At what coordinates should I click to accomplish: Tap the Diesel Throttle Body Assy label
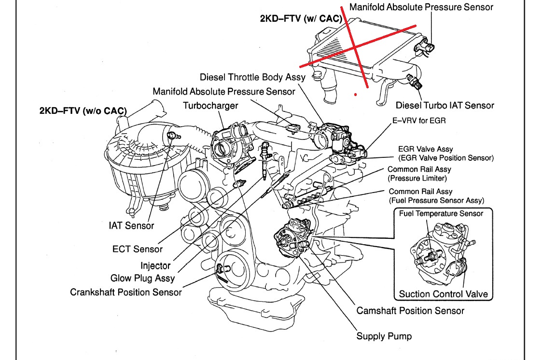click(252, 77)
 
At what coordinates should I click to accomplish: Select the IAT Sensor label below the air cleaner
click(131, 225)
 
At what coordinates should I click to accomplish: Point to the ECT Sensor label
click(138, 249)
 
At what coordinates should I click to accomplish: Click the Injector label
click(155, 265)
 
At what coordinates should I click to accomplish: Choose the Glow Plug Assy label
click(142, 278)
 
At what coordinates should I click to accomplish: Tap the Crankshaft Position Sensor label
click(126, 292)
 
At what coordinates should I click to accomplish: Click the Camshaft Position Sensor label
click(410, 311)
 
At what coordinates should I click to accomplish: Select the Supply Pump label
click(384, 336)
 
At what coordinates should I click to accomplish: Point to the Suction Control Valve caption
click(443, 294)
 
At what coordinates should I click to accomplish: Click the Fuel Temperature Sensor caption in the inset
click(441, 213)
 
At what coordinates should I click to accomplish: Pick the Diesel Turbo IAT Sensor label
click(445, 105)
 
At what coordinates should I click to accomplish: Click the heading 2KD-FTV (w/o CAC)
click(83, 111)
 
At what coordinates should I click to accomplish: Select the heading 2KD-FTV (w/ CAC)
click(301, 19)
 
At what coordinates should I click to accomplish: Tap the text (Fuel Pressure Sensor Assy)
click(436, 200)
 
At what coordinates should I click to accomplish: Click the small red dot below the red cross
click(355, 95)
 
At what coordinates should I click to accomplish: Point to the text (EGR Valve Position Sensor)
click(446, 158)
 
